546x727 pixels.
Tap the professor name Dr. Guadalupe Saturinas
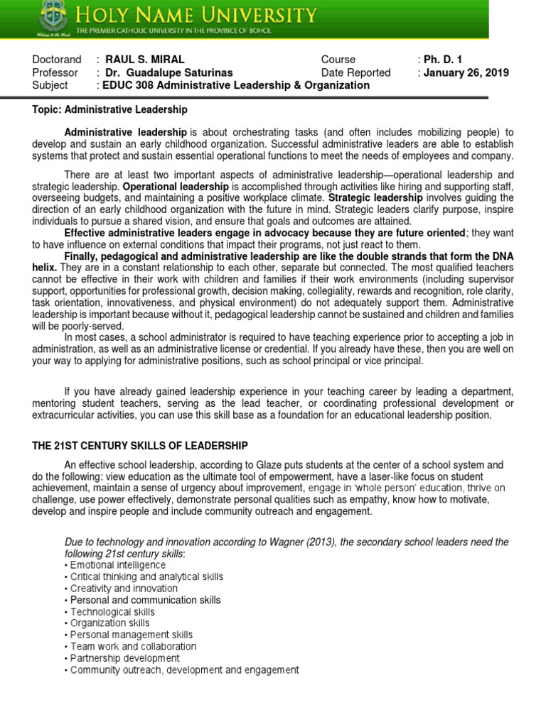click(169, 72)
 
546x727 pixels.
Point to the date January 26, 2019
click(466, 72)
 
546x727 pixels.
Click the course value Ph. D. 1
click(443, 60)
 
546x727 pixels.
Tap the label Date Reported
click(355, 72)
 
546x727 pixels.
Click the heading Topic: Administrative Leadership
click(110, 109)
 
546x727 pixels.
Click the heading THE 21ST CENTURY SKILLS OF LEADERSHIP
click(140, 445)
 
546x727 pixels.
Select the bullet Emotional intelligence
click(118, 565)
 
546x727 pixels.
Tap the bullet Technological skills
click(112, 612)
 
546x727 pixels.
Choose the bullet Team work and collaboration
click(133, 647)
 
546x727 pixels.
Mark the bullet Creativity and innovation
click(124, 589)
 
